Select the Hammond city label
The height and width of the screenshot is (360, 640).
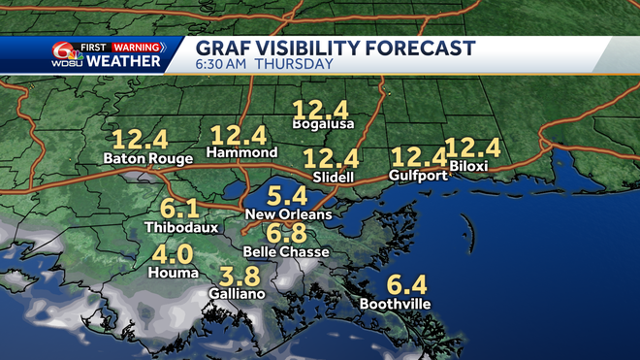pyautogui.click(x=241, y=153)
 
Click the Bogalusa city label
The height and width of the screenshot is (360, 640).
pyautogui.click(x=323, y=124)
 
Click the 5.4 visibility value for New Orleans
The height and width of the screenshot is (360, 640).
pyautogui.click(x=288, y=196)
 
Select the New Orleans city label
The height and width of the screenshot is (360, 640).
pyautogui.click(x=289, y=214)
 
